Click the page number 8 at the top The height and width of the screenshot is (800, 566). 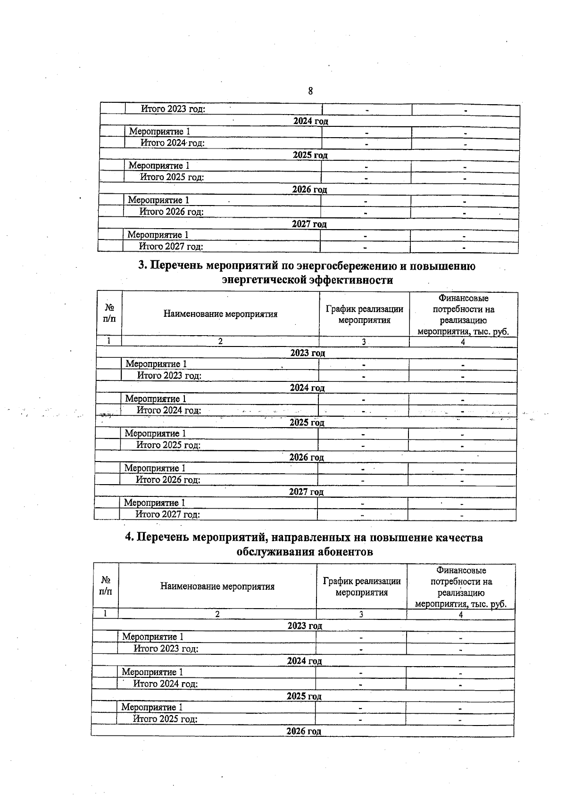coord(310,91)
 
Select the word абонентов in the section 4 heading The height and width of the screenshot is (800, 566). coord(338,552)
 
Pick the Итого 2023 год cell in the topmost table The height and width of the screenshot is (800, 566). coord(173,109)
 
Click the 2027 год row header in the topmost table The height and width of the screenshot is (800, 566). coord(309,224)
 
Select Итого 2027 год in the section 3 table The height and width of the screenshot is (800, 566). coord(167,514)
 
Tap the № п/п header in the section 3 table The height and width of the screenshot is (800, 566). coord(109,313)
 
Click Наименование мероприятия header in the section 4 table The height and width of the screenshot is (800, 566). coord(217,586)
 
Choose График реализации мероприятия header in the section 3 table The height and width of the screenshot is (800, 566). coord(364,314)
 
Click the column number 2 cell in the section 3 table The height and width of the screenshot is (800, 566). coord(220,342)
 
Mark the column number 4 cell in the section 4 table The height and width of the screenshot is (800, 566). coord(460,614)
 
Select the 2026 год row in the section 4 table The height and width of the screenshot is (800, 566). coord(304,731)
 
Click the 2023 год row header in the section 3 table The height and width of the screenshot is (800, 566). coord(307,353)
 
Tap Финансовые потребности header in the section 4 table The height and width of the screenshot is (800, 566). coord(461,587)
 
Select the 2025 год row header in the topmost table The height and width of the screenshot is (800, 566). coord(310,155)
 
